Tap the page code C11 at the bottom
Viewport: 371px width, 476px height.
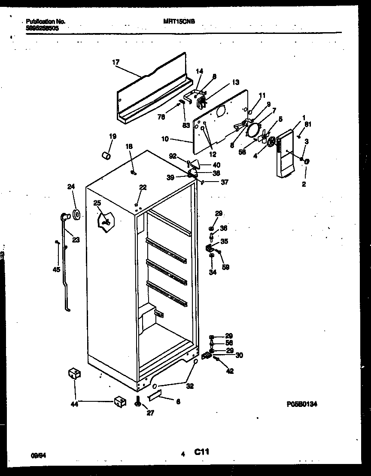point(201,452)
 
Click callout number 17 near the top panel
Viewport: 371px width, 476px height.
point(116,62)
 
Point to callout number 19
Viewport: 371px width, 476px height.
point(113,136)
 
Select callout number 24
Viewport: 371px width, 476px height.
point(71,186)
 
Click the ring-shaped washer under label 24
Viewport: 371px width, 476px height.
point(76,214)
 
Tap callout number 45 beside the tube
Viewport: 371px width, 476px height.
point(56,270)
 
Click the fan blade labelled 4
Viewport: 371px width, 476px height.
point(271,142)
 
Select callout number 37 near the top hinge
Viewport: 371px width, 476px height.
point(225,182)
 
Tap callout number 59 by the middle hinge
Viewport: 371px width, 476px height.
point(225,267)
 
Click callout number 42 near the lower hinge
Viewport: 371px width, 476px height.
point(230,371)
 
